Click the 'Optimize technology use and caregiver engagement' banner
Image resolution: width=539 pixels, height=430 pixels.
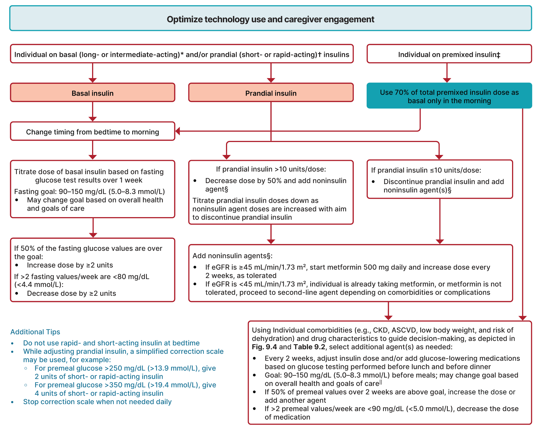coord(270,19)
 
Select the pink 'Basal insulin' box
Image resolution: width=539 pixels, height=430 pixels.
coord(93,93)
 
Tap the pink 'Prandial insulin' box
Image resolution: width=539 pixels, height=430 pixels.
coord(271,93)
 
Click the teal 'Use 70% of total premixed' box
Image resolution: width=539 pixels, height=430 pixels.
coord(449,96)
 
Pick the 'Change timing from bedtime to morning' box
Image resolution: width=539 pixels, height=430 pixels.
coord(93,132)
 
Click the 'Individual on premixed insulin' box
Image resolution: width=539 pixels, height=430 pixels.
coord(449,54)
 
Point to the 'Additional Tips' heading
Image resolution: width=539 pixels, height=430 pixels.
coord(35,332)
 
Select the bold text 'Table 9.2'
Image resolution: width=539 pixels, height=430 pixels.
coord(309,347)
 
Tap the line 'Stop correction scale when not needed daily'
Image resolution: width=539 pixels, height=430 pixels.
coord(97,402)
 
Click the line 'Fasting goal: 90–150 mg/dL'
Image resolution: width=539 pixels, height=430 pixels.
coord(89,192)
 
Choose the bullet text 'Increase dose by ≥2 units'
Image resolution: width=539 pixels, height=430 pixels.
coord(70,265)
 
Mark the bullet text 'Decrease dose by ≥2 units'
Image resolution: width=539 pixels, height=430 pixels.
coord(71,293)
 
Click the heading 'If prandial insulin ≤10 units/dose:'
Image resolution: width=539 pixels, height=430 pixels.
coord(426,170)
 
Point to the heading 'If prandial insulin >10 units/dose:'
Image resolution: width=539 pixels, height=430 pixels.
coord(271,169)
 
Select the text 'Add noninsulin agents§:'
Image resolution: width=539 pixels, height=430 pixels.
coord(232,256)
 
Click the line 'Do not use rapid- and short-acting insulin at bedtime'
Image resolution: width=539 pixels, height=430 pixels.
coord(111,343)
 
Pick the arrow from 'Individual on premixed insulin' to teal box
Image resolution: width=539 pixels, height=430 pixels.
coord(447,73)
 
